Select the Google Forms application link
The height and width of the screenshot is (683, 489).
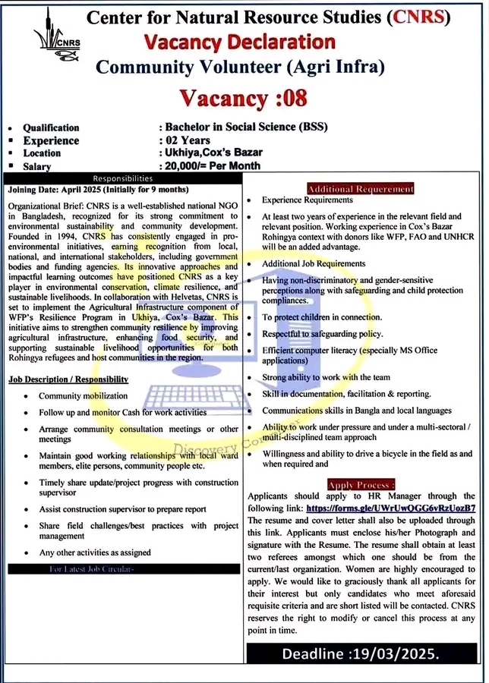point(390,507)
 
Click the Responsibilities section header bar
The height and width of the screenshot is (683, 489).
point(125,178)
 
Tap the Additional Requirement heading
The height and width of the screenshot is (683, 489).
point(361,188)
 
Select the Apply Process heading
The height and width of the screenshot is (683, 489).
point(361,484)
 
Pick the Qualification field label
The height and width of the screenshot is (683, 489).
point(51,127)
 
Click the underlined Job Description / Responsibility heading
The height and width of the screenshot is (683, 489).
point(68,379)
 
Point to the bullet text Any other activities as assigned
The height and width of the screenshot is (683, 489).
point(95,552)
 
